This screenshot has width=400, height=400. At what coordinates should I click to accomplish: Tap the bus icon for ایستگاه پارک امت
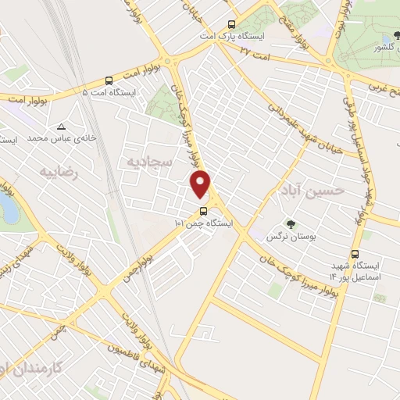(x=230, y=24)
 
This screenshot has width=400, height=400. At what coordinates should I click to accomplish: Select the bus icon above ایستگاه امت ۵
(x=108, y=80)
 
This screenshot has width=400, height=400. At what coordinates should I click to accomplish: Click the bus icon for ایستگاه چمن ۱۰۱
(x=202, y=211)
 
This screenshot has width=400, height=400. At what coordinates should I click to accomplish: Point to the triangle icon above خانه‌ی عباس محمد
(x=61, y=127)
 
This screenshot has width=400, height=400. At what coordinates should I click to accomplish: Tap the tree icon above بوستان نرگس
(x=289, y=224)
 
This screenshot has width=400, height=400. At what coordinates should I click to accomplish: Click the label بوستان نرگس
(x=284, y=235)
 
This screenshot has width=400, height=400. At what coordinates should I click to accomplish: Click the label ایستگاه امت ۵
(x=109, y=91)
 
